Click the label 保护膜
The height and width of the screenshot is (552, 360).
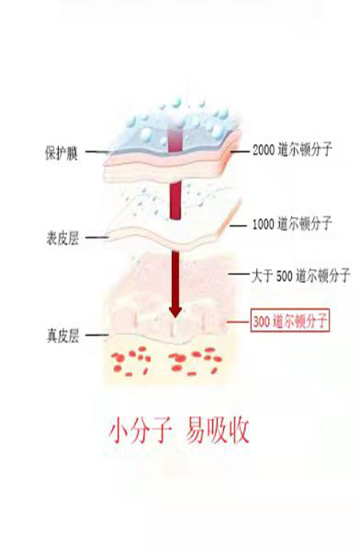pyautogui.click(x=62, y=154)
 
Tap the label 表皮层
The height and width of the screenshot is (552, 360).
pyautogui.click(x=62, y=238)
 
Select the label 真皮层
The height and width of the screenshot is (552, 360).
pyautogui.click(x=62, y=336)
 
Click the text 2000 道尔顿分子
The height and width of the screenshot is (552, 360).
pyautogui.click(x=292, y=150)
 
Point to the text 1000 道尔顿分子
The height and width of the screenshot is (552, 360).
pyautogui.click(x=292, y=223)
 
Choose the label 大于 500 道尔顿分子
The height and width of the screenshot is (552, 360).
pyautogui.click(x=301, y=275)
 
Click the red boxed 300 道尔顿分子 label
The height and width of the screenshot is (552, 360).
pyautogui.click(x=290, y=321)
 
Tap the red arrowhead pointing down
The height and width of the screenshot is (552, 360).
pyautogui.click(x=175, y=310)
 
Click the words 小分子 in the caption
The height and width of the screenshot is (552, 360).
pyautogui.click(x=140, y=430)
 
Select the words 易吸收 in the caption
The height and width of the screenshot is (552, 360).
pyautogui.click(x=217, y=430)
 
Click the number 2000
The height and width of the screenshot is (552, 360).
pyautogui.click(x=263, y=150)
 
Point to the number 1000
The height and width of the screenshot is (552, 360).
pyautogui.click(x=263, y=224)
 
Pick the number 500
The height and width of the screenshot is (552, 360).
pyautogui.click(x=284, y=276)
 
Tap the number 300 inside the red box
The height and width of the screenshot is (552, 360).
pyautogui.click(x=262, y=322)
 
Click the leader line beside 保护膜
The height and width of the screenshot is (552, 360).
pyautogui.click(x=97, y=152)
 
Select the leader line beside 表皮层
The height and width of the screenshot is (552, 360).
pyautogui.click(x=97, y=238)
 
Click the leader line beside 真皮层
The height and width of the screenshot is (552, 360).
pyautogui.click(x=97, y=335)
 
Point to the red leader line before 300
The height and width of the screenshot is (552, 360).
pyautogui.click(x=238, y=322)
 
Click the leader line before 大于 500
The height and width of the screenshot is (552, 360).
pyautogui.click(x=239, y=273)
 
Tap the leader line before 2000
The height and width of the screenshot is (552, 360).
pyautogui.click(x=240, y=152)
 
